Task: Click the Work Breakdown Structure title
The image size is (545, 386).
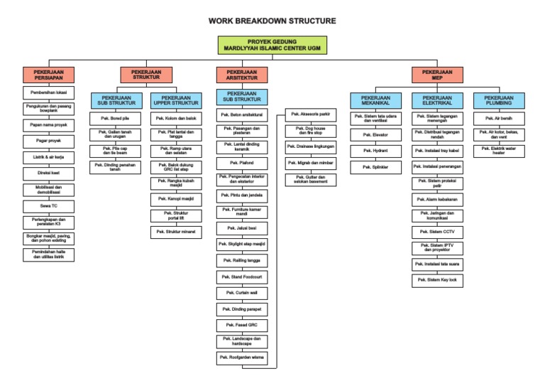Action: point(272,21)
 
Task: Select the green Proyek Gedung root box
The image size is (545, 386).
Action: point(272,45)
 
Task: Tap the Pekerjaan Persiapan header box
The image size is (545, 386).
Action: point(49,75)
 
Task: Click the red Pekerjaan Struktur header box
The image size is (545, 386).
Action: point(145,75)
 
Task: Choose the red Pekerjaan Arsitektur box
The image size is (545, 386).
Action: point(242,75)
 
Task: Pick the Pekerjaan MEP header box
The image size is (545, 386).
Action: point(437,75)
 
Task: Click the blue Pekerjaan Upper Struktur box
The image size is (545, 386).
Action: point(175,100)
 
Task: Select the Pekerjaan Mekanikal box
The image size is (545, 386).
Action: point(375,100)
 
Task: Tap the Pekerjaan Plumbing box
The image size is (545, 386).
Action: point(499,100)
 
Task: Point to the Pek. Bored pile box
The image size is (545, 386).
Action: point(114,117)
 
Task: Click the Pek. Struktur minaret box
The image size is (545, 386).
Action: point(175,232)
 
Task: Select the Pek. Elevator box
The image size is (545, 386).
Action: point(375,134)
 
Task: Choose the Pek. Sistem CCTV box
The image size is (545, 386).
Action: point(437,232)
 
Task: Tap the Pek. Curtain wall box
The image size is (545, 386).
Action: point(242,292)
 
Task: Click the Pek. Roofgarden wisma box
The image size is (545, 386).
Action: point(242,358)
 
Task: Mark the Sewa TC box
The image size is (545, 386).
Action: point(49,205)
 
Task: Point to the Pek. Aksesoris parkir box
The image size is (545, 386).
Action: point(309,114)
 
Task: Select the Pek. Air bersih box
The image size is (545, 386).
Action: point(499,117)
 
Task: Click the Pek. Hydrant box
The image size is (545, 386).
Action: point(375,150)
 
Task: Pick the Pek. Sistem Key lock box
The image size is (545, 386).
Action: point(437,280)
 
